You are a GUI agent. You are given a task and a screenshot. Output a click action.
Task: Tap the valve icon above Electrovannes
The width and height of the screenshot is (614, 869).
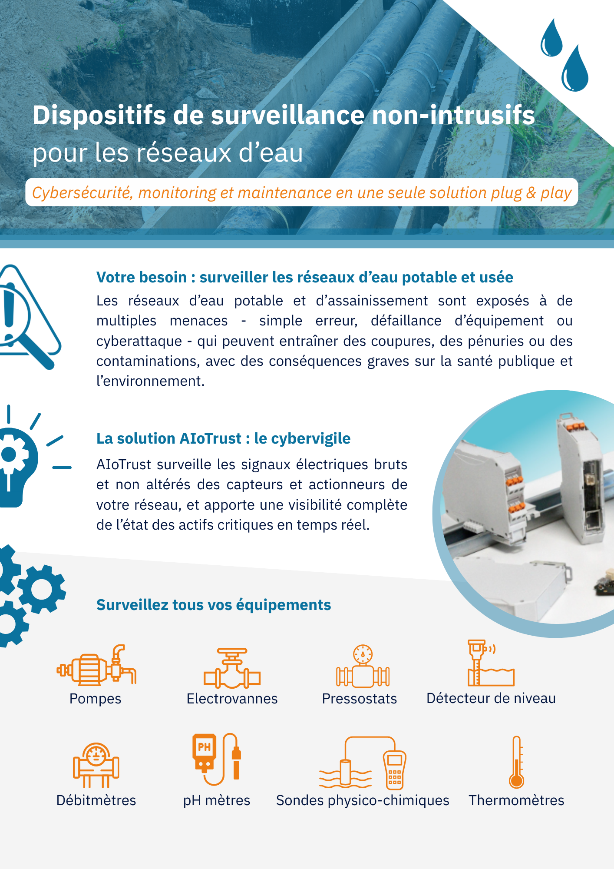coord(232,669)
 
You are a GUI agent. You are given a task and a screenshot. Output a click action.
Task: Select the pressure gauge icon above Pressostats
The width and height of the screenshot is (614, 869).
coord(363,666)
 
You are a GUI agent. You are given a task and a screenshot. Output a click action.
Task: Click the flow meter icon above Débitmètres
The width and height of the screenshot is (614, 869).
coord(96,765)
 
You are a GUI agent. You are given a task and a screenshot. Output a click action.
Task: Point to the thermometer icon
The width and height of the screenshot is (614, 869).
coord(517,762)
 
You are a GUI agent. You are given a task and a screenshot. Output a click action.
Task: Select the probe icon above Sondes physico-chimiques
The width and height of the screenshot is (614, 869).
coord(363,763)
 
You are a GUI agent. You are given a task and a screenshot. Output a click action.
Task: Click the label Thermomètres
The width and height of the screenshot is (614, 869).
coord(516,800)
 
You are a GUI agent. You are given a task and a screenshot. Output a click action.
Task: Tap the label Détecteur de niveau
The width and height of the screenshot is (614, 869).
coord(491,698)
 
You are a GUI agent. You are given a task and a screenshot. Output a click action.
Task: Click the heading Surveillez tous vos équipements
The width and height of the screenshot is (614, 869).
coord(214,605)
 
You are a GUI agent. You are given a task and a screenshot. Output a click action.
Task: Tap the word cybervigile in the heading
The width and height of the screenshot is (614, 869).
coord(311,439)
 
